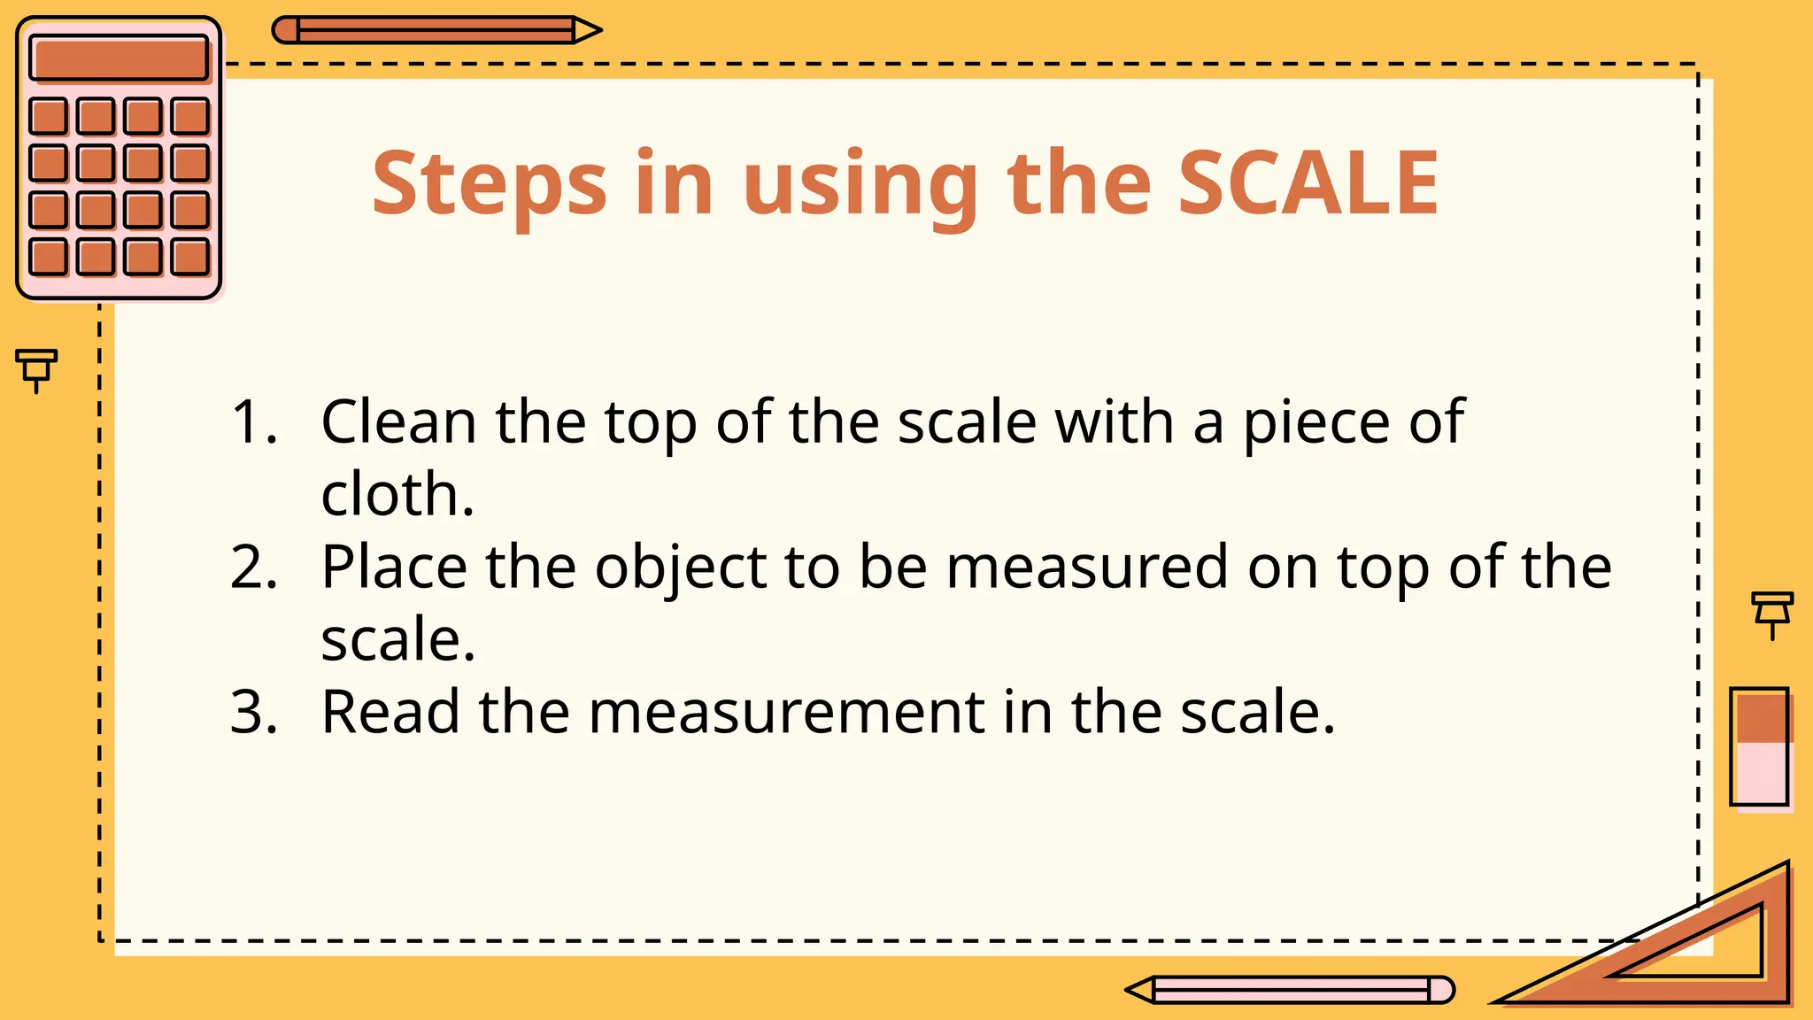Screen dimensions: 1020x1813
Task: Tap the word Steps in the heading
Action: tap(489, 184)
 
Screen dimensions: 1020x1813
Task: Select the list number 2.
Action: tap(254, 568)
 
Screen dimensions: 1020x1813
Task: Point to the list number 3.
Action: tap(254, 712)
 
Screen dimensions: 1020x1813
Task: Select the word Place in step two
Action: tap(394, 568)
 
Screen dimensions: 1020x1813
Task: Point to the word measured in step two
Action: tap(1087, 568)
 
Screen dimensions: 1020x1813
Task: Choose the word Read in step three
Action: tap(390, 712)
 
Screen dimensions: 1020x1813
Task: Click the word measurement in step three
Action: tap(787, 713)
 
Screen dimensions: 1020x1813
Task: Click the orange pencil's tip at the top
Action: tap(589, 30)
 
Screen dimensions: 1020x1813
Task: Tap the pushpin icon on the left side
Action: tap(36, 368)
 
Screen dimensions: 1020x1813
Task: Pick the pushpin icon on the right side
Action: tap(1772, 614)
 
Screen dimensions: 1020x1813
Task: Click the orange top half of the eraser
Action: tap(1760, 716)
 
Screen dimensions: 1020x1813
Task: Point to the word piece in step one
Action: tap(1315, 423)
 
